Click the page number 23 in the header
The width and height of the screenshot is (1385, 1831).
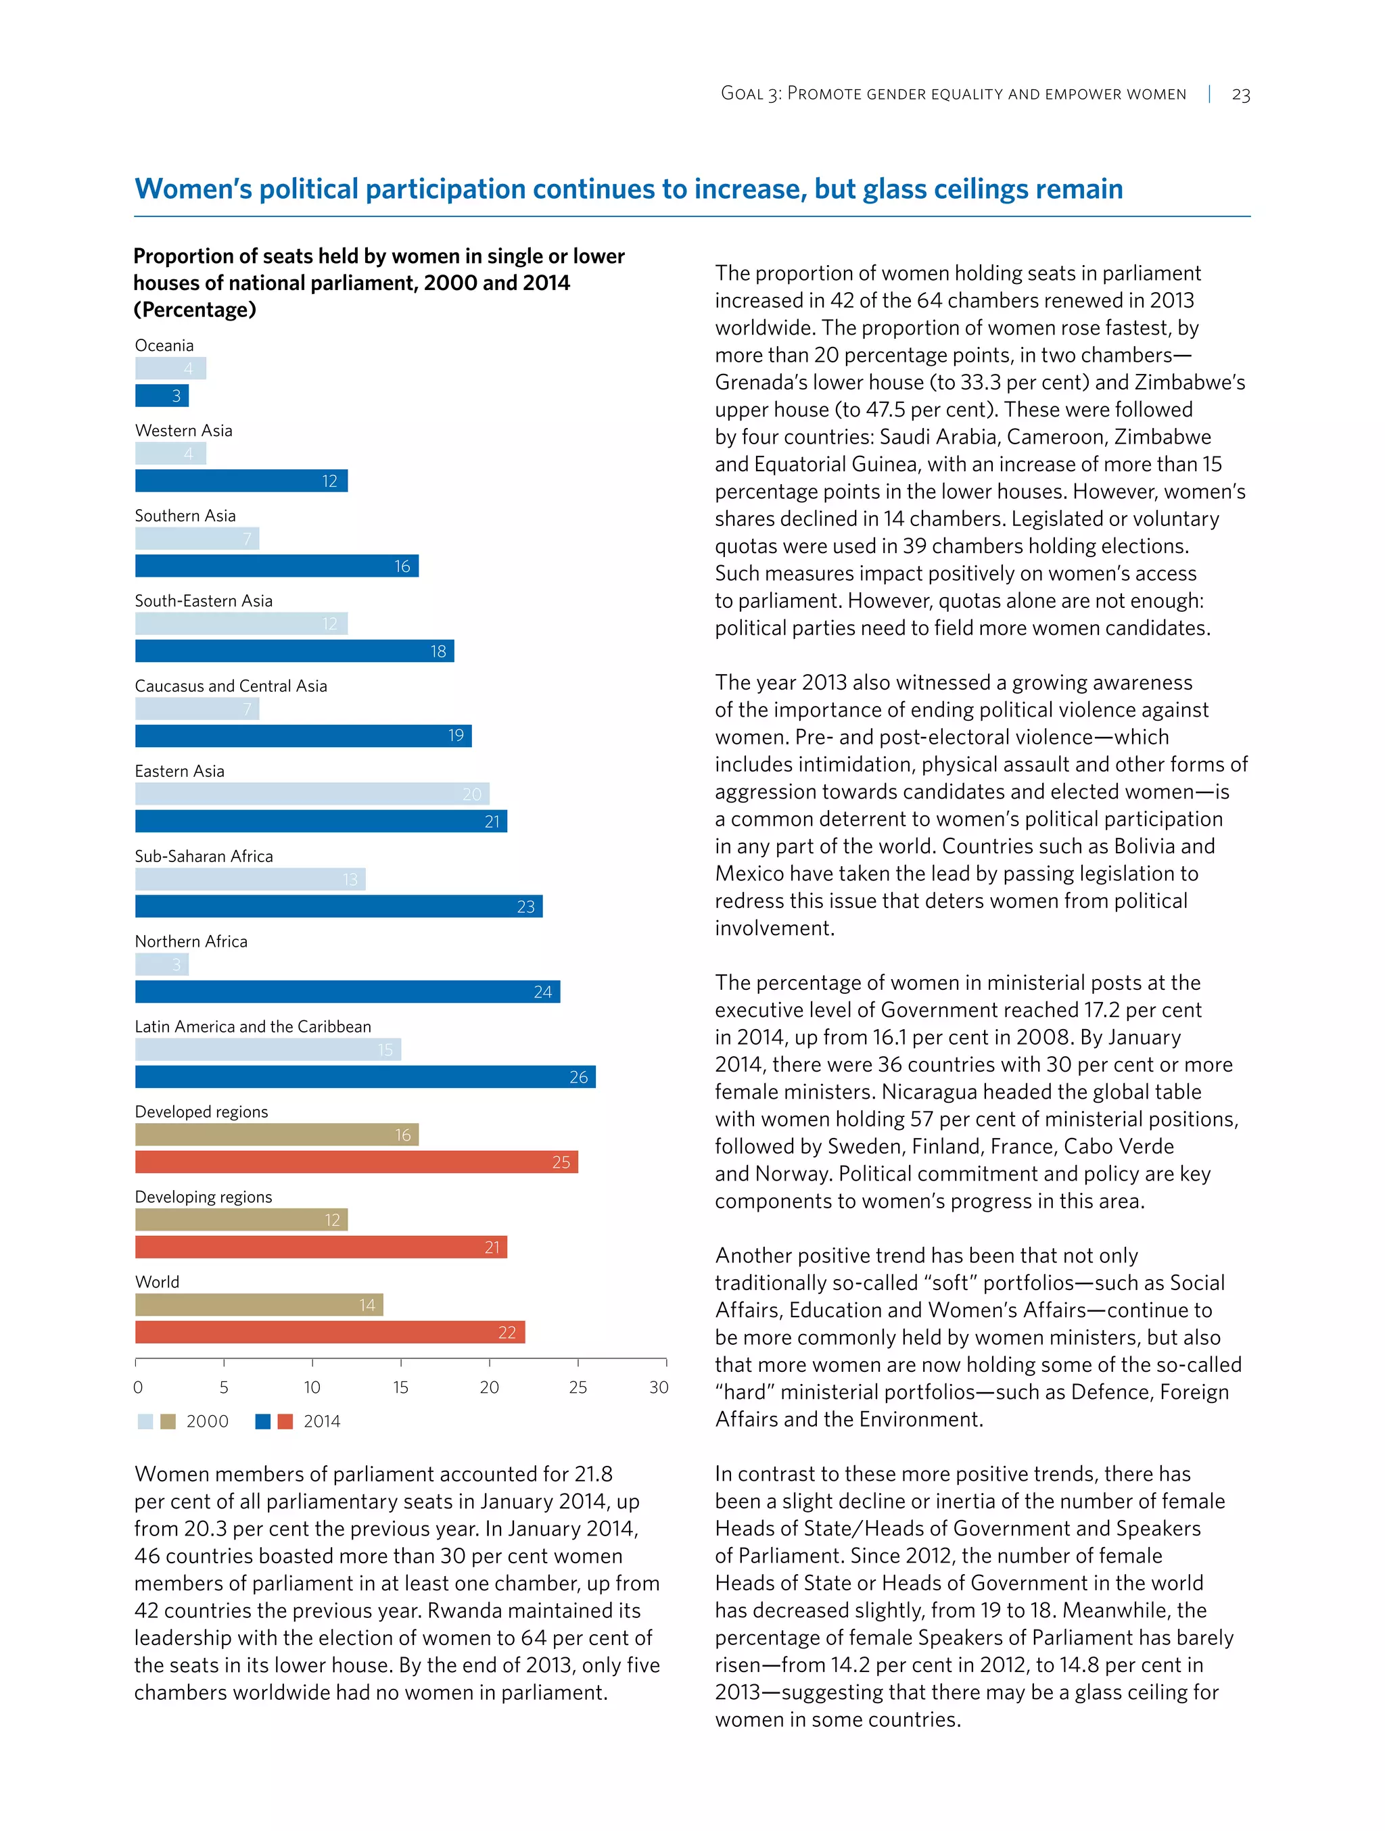[1240, 95]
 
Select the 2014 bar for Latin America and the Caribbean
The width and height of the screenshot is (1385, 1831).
[365, 1077]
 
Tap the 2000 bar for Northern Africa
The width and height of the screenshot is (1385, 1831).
[162, 964]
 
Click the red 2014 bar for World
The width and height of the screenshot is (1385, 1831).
[329, 1332]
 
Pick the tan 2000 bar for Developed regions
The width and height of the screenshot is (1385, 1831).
[277, 1135]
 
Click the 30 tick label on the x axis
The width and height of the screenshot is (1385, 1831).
[658, 1387]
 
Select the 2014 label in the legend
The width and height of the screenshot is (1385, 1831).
[322, 1422]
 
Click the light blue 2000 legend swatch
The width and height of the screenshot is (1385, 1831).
[145, 1422]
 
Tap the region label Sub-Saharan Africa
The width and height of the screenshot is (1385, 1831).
[204, 857]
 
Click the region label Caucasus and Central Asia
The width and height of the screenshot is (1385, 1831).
[231, 686]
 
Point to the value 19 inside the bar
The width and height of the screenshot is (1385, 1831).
[455, 736]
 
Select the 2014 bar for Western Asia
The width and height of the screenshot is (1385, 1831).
[241, 481]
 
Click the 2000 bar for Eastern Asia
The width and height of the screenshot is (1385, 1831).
[312, 794]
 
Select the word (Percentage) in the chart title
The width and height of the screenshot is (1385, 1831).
[195, 310]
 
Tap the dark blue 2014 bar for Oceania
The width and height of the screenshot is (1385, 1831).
[162, 396]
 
